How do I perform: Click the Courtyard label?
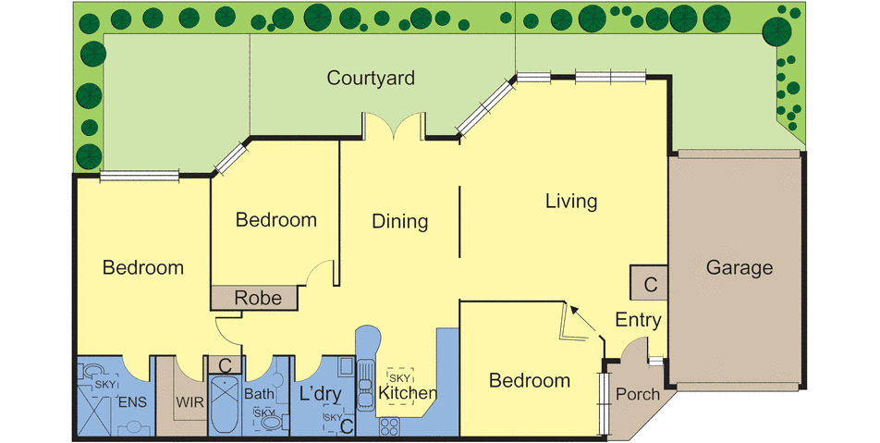pyautogui.click(x=371, y=78)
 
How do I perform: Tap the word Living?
pyautogui.click(x=571, y=201)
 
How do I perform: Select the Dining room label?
pyautogui.click(x=399, y=221)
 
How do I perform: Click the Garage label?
pyautogui.click(x=739, y=268)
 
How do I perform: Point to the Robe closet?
pyautogui.click(x=254, y=298)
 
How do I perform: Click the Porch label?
pyautogui.click(x=638, y=394)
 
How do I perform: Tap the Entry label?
pyautogui.click(x=638, y=320)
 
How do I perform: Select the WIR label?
pyautogui.click(x=189, y=402)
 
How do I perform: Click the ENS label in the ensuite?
pyautogui.click(x=132, y=402)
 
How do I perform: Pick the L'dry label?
pyautogui.click(x=320, y=394)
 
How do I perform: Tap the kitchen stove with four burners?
pyautogui.click(x=389, y=426)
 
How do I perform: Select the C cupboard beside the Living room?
pyautogui.click(x=649, y=283)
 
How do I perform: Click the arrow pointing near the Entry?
pyautogui.click(x=585, y=321)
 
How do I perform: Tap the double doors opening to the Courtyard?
pyautogui.click(x=394, y=126)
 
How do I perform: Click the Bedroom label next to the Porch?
pyautogui.click(x=530, y=381)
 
